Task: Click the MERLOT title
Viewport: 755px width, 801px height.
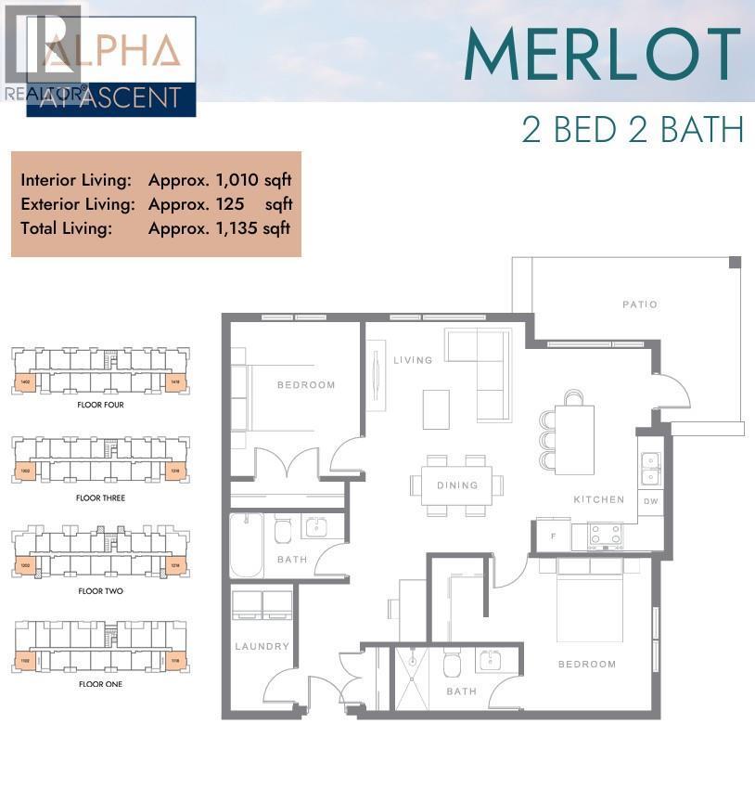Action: point(602,55)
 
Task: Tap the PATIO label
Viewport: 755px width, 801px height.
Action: point(640,304)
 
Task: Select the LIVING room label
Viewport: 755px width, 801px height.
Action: point(413,360)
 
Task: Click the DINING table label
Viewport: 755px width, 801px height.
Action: point(457,484)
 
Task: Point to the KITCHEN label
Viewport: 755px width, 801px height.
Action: point(599,499)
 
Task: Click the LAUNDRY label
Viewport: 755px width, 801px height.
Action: point(262,646)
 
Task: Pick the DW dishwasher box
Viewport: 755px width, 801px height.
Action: point(650,501)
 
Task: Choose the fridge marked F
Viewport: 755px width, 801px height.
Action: point(554,536)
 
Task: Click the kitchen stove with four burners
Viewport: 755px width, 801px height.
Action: point(607,535)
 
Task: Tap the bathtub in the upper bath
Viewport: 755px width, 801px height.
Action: point(247,546)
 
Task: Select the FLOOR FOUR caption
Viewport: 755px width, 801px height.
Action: point(100,406)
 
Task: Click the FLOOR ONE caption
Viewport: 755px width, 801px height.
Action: point(100,684)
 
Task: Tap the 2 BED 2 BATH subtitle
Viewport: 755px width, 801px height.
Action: point(633,129)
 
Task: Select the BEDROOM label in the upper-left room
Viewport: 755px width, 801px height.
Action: point(305,384)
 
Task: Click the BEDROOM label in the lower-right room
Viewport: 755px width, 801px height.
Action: point(587,664)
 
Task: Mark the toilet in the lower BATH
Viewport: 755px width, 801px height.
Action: point(452,665)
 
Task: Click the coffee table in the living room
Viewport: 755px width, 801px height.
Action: point(436,409)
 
